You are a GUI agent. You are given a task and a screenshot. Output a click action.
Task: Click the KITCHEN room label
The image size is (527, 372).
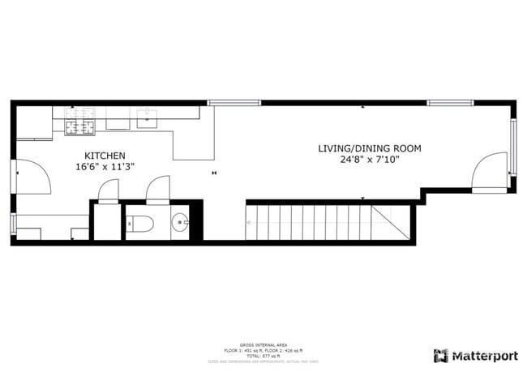click(105, 155)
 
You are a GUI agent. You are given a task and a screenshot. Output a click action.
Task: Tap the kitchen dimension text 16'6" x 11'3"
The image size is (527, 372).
click(105, 166)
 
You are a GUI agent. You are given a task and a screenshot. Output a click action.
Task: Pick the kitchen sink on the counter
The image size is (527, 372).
click(147, 123)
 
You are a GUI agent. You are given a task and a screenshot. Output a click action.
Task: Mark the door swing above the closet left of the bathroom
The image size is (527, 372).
click(108, 190)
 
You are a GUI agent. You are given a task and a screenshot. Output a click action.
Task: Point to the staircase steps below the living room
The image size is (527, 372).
click(308, 221)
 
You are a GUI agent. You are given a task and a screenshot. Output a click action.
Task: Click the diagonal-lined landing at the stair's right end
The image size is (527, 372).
click(391, 221)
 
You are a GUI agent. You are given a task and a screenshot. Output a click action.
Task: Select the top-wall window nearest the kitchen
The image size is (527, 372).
click(234, 103)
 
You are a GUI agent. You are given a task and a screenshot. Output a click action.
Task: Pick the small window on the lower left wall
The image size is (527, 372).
click(12, 224)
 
